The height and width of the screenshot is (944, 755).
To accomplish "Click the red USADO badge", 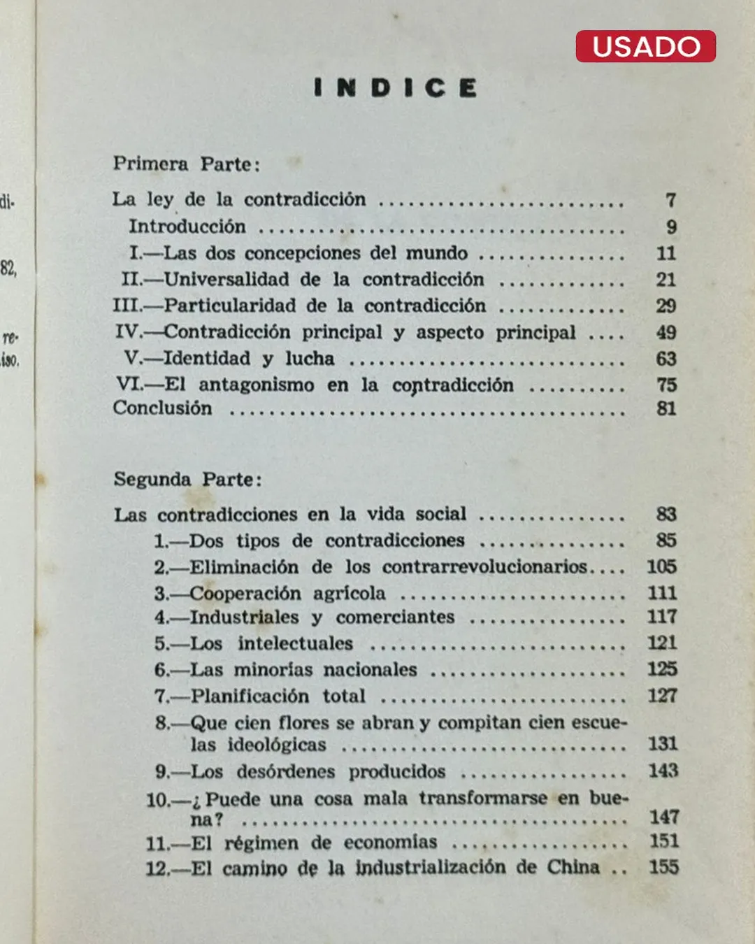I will tap(645, 46).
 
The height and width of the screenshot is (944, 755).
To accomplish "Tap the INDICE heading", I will tap(396, 88).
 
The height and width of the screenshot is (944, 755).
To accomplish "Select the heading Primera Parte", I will tap(186, 164).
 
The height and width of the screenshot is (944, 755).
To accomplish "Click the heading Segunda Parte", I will tap(187, 480).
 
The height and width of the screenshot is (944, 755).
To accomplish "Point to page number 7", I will tap(670, 201).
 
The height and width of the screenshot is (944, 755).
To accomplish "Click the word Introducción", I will tap(187, 227).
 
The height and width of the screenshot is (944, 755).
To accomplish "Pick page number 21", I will tap(666, 280).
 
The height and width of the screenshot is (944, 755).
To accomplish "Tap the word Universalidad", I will tap(226, 280).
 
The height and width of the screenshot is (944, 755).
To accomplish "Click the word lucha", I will tap(309, 359).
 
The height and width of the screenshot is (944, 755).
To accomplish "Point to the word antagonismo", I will tap(256, 385).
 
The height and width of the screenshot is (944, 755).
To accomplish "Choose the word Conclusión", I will tap(162, 408).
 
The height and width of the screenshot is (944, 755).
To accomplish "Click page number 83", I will tap(666, 515).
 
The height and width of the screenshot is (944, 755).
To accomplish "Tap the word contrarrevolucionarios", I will tap(484, 566).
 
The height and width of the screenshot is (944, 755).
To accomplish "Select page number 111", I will tap(662, 593).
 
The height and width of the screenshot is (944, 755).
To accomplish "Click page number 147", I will tap(663, 817).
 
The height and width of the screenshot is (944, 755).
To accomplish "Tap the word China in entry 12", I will tap(573, 867).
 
